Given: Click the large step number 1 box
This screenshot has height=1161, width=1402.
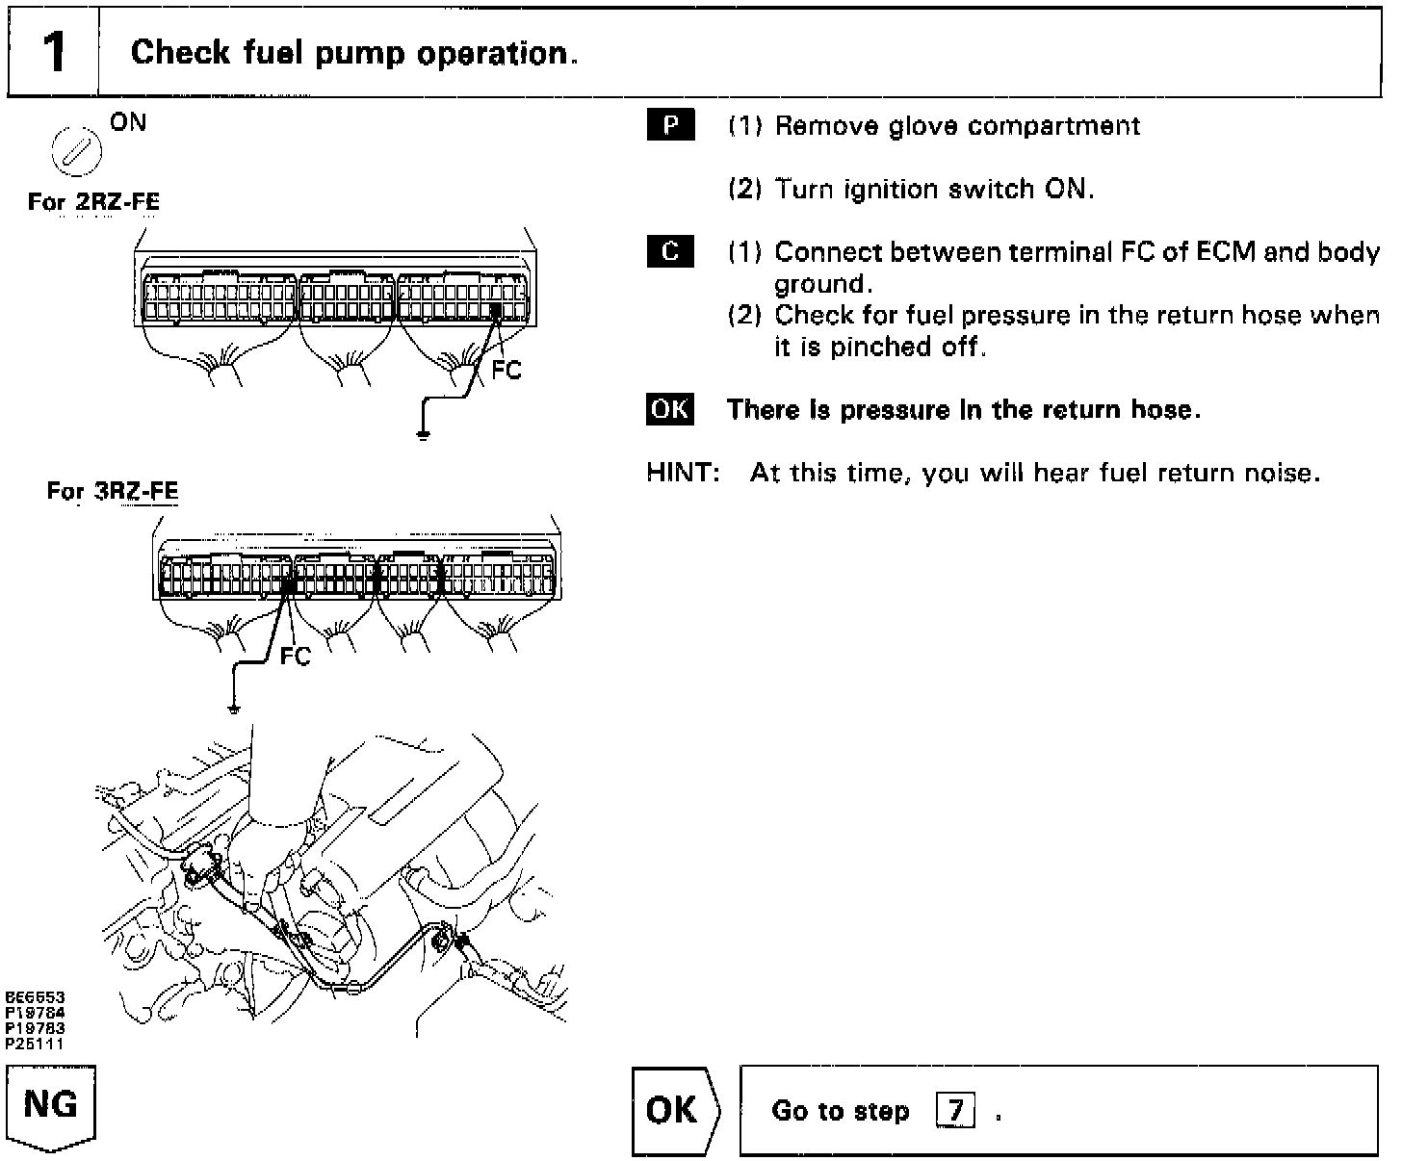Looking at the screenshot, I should point(53,52).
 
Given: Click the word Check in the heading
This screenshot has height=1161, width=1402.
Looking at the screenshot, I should point(169,52).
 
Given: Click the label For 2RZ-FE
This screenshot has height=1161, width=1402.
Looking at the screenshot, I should point(93,202).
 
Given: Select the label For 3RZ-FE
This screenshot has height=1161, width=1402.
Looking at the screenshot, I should point(113,492).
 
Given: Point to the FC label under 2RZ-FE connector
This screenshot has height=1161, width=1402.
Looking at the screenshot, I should point(506,371).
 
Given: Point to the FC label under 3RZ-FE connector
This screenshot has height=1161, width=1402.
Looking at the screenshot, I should point(297,657).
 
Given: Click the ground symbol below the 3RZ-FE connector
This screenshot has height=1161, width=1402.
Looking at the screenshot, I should point(232,709).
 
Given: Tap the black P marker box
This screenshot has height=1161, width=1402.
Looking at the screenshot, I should point(670,126).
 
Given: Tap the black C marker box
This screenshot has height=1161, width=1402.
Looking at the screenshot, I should point(670,252).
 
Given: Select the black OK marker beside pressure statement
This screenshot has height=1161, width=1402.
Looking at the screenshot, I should point(670,409).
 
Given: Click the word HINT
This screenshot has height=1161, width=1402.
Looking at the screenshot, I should point(683,473).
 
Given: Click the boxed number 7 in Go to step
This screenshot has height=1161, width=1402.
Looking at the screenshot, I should point(955,1112).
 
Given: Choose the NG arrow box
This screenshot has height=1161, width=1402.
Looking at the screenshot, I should point(51,1107).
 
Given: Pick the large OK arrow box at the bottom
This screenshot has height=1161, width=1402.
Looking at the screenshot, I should point(673,1110).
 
